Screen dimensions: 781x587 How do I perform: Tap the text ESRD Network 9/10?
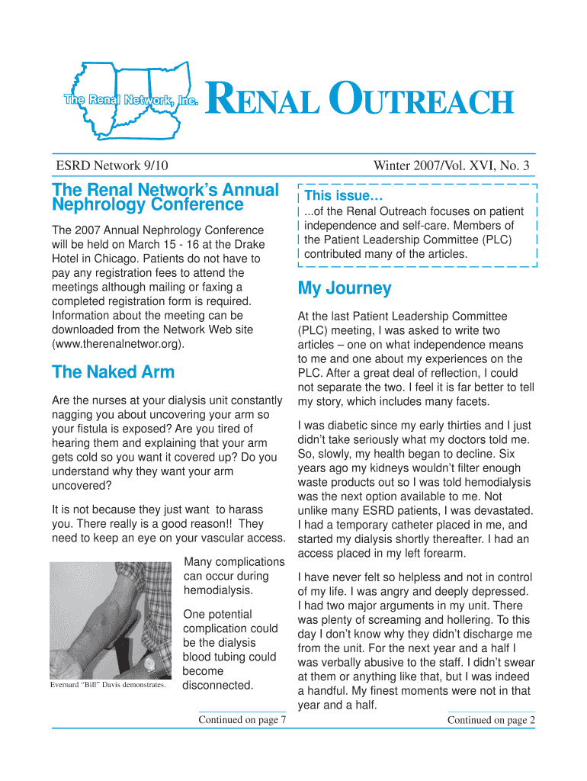pyautogui.click(x=111, y=166)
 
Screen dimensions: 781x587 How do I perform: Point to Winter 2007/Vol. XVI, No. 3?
pyautogui.click(x=451, y=166)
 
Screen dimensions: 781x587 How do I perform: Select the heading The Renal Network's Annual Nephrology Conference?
pyautogui.click(x=165, y=197)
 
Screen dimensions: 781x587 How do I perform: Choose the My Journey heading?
pyautogui.click(x=345, y=288)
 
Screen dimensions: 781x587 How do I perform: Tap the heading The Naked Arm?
pyautogui.click(x=113, y=372)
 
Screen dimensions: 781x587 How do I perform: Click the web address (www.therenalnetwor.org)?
pyautogui.click(x=117, y=344)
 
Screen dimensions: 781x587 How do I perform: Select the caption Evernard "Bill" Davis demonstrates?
pyautogui.click(x=107, y=685)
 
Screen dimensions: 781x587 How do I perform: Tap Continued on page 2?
pyautogui.click(x=491, y=719)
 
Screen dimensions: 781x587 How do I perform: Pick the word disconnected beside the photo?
pyautogui.click(x=219, y=685)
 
